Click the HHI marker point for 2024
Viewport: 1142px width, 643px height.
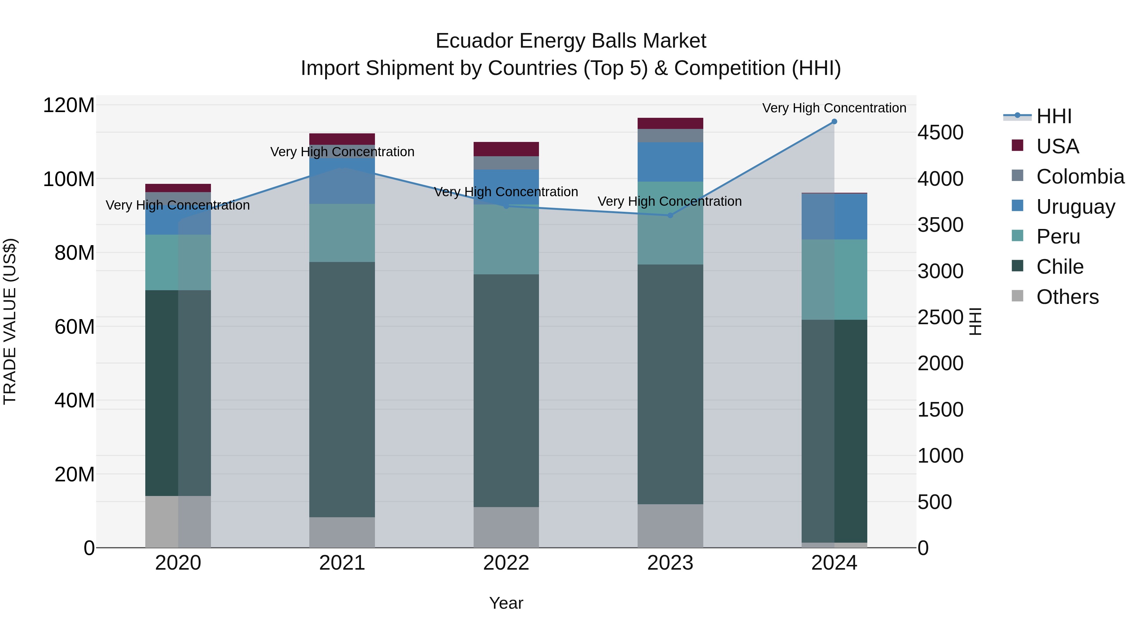pos(834,122)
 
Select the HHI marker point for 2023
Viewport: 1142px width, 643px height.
pos(670,215)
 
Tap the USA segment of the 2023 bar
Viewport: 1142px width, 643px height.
pos(670,124)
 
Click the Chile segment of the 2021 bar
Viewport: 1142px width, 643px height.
pos(342,389)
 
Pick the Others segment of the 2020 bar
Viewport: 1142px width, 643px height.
pos(178,521)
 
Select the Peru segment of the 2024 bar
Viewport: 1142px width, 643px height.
pos(834,279)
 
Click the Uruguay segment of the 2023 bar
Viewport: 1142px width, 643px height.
pos(670,162)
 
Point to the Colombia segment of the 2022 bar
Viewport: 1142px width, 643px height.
pos(506,163)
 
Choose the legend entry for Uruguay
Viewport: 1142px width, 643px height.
pos(1075,207)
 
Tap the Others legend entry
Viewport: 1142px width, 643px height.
pos(1067,297)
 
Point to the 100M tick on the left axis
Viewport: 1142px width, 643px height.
pos(69,179)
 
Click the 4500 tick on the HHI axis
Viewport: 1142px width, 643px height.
pos(940,133)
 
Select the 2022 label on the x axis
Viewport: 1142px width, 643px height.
pos(506,563)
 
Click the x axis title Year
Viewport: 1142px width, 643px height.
pos(506,603)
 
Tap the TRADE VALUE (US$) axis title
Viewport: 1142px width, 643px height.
pos(10,321)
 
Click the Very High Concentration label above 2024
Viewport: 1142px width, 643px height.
pos(834,108)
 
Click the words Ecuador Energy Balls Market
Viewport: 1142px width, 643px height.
pos(571,41)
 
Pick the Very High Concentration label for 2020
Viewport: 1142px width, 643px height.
pos(178,205)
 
